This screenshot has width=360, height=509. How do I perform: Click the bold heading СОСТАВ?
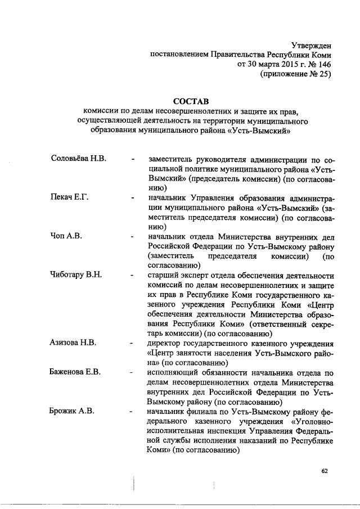(x=191, y=101)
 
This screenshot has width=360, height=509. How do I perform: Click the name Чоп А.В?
(x=66, y=236)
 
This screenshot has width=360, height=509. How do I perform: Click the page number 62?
(x=325, y=471)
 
